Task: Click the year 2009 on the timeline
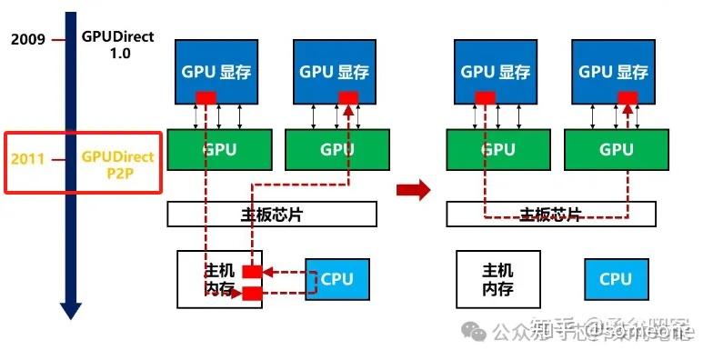point(28,40)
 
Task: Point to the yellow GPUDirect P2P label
point(118,164)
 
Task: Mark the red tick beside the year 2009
point(59,40)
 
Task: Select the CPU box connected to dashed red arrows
point(336,279)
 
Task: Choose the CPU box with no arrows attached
point(615,279)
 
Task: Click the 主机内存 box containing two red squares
point(218,280)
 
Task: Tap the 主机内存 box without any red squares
point(497,280)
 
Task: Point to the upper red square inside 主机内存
point(252,272)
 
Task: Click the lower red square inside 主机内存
point(252,293)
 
